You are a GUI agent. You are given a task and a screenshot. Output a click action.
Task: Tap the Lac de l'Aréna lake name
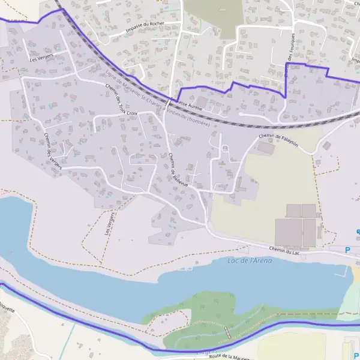[x=250, y=260]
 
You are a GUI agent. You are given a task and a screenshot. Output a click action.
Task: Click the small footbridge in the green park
[x=227, y=332]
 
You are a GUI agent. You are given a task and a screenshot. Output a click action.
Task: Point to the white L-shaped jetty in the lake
[x=344, y=272]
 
